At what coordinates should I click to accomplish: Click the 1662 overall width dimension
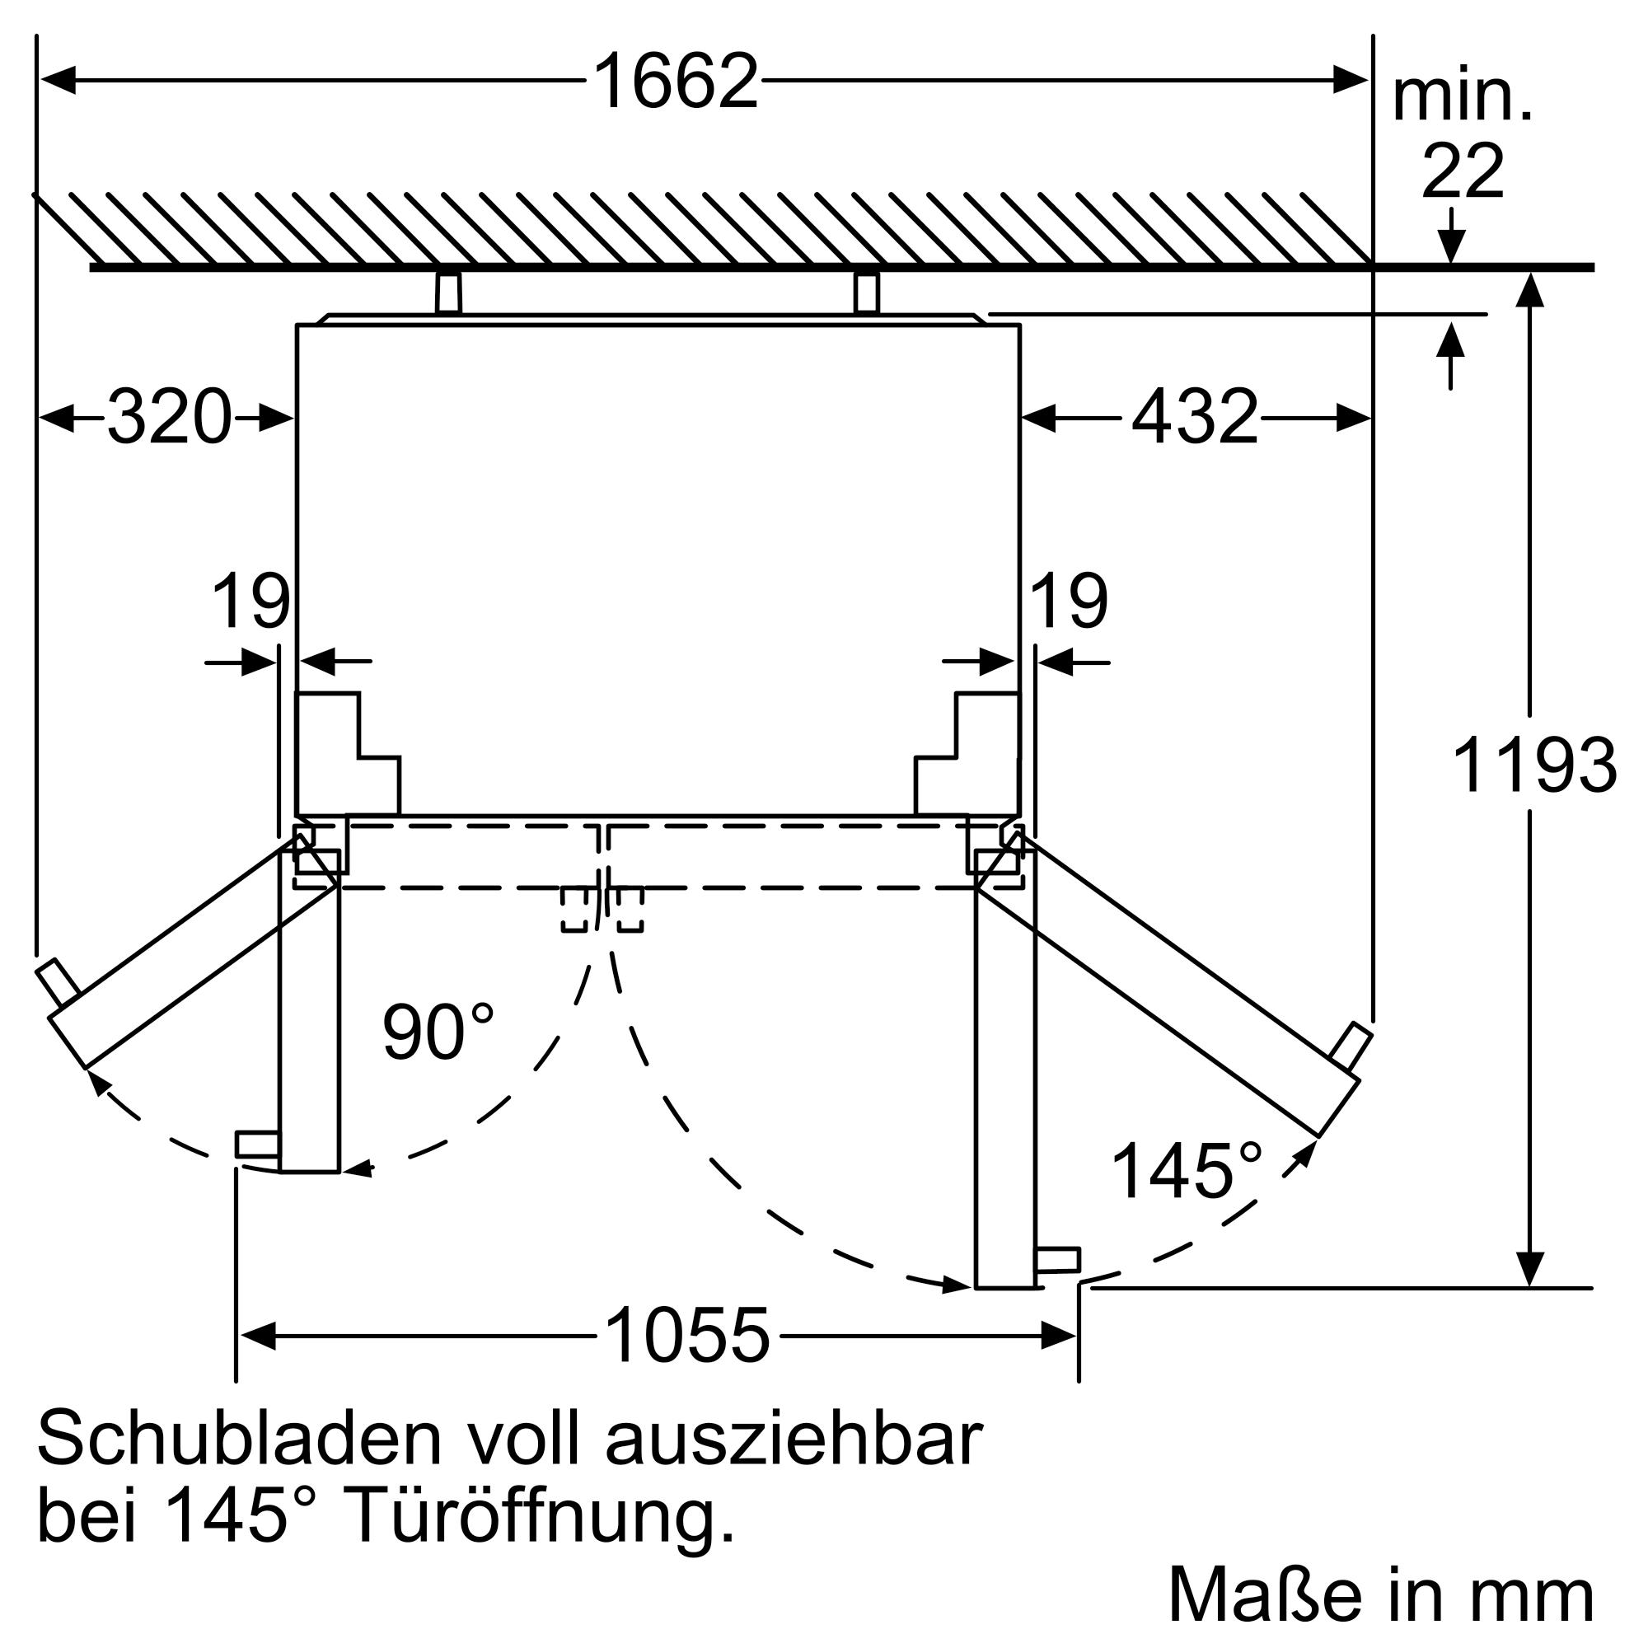675,81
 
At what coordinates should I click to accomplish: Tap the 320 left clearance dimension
169,417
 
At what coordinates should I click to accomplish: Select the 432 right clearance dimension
1194,417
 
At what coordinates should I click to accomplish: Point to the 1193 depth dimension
1533,765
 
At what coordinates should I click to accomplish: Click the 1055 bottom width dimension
686,1335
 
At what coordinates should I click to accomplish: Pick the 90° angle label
438,1032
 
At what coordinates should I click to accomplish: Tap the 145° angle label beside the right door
1187,1171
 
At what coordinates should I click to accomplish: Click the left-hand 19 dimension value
250,602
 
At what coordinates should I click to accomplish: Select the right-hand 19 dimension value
1069,602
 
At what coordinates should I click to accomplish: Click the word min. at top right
1462,99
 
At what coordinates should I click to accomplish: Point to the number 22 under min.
1462,171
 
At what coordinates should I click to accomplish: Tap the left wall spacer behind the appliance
449,293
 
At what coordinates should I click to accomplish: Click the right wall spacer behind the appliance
866,293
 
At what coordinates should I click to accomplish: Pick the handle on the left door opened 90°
257,1144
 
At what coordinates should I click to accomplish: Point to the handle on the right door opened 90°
1057,1260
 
